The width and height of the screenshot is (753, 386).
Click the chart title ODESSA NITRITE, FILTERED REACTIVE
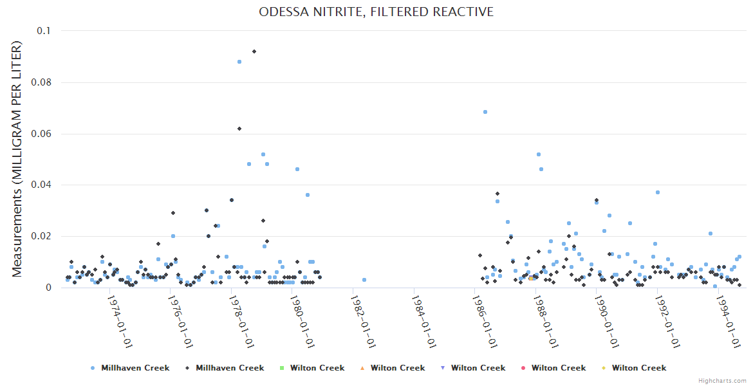point(376,12)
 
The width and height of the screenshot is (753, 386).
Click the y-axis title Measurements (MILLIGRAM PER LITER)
point(17,159)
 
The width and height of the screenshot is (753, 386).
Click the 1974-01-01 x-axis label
point(119,322)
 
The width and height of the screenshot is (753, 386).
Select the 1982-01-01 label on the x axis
point(362,322)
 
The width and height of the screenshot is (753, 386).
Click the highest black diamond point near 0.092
point(254,51)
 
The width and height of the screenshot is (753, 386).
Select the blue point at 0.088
point(239,62)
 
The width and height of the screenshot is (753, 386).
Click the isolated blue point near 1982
point(364,280)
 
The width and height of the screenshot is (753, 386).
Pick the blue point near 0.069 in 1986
point(485,112)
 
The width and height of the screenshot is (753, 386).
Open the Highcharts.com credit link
point(722,381)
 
